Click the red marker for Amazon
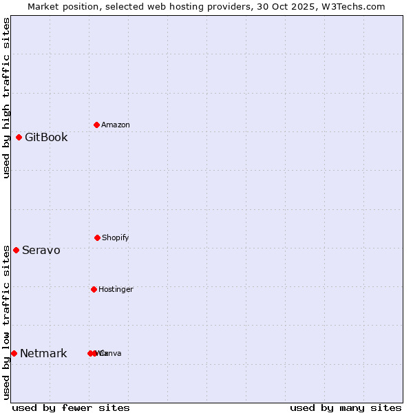pyautogui.click(x=96, y=125)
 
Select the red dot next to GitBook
pyautogui.click(x=19, y=137)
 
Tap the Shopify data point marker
pyautogui.click(x=97, y=237)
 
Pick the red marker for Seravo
pyautogui.click(x=16, y=250)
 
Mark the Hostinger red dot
pyautogui.click(x=94, y=289)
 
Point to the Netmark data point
pyautogui.click(x=14, y=353)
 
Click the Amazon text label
pyautogui.click(x=115, y=125)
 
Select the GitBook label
pyautogui.click(x=46, y=137)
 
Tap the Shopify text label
pyautogui.click(x=115, y=237)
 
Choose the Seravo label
pyautogui.click(x=41, y=250)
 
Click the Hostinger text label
pyautogui.click(x=116, y=289)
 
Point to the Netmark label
pyautogui.click(x=43, y=353)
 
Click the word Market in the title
pyautogui.click(x=43, y=6)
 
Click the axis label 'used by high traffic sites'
pyautogui.click(x=6, y=98)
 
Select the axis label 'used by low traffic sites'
pyautogui.click(x=6, y=321)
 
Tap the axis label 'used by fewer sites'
pyautogui.click(x=71, y=407)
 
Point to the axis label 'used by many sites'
pyautogui.click(x=346, y=407)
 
